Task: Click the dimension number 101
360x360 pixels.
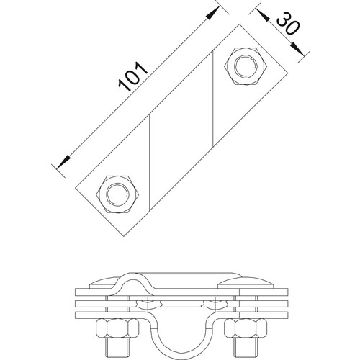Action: [133, 76]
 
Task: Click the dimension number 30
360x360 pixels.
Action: [288, 24]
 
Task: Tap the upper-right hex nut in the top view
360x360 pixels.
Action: [245, 66]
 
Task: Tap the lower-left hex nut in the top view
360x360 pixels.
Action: [117, 194]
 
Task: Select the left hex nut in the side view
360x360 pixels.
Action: [117, 328]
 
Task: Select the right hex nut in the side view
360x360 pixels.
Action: [246, 328]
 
